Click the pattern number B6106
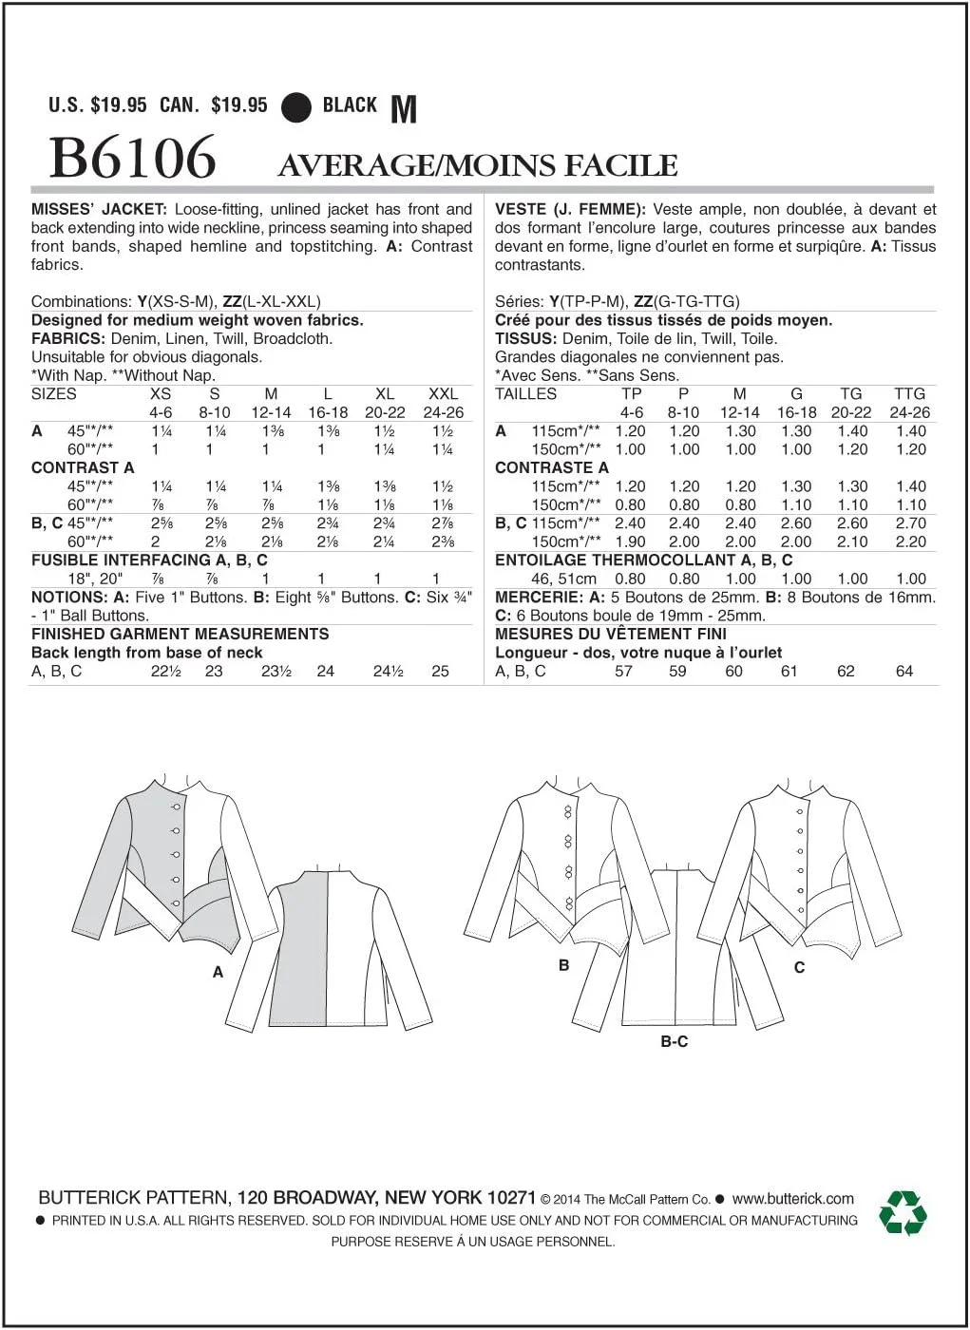[132, 158]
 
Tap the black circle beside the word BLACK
[296, 107]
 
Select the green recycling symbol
[902, 1213]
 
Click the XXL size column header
[443, 393]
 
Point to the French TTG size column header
[909, 393]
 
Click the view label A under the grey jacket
[219, 972]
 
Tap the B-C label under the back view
[675, 1042]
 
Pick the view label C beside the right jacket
[799, 967]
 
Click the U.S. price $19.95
[119, 105]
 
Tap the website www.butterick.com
[793, 1199]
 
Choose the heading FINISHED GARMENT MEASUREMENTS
[180, 634]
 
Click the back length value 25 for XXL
[440, 671]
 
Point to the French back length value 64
[903, 671]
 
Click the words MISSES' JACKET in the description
[99, 209]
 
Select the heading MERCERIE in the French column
[538, 597]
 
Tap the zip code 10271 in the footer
[511, 1198]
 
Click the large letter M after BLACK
[404, 109]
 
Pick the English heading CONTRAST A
[83, 467]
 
